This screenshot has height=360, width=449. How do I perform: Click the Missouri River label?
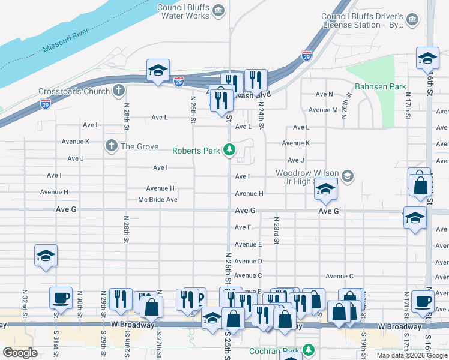(66, 40)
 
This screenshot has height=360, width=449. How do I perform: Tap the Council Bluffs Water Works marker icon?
(218, 10)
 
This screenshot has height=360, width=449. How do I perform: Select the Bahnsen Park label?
(380, 87)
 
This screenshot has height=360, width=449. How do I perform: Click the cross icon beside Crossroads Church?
(119, 91)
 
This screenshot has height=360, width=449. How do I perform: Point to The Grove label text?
(139, 146)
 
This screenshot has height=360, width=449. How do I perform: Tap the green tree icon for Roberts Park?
(229, 149)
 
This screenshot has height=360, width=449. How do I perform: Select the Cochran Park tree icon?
(308, 349)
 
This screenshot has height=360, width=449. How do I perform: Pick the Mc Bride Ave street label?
(157, 199)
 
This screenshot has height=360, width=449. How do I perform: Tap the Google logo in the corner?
(20, 353)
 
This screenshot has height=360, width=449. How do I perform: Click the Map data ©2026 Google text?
(412, 355)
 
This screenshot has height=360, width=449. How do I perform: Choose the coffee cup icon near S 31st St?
(61, 297)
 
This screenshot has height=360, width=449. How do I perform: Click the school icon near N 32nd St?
(46, 256)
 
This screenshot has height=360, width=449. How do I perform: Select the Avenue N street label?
(325, 94)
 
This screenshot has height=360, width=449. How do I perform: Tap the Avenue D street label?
(248, 261)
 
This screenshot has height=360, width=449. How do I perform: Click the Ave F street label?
(243, 227)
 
